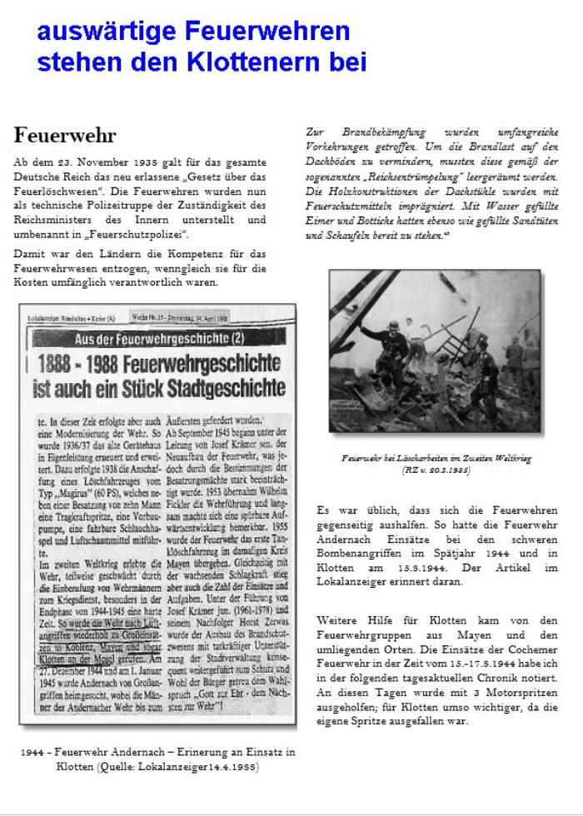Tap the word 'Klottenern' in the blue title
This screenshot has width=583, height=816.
tap(301, 61)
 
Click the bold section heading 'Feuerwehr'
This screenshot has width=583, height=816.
tap(65, 135)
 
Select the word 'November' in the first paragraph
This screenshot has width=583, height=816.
tap(116, 161)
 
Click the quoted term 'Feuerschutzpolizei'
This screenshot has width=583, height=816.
tap(142, 236)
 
